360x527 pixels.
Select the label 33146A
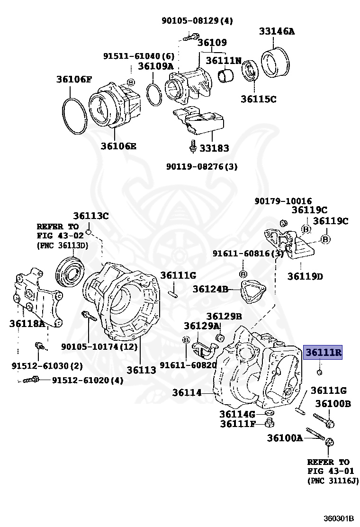277,32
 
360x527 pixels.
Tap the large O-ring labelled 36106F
74,117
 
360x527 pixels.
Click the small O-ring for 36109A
153,95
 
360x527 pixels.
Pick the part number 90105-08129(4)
197,20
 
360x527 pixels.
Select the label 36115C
258,99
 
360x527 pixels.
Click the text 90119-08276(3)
202,166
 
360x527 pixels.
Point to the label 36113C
90,216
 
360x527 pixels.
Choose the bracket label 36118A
27,324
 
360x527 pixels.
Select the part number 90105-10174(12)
99,347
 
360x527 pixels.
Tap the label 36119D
305,276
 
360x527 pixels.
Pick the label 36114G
237,414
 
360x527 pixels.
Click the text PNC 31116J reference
333,481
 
